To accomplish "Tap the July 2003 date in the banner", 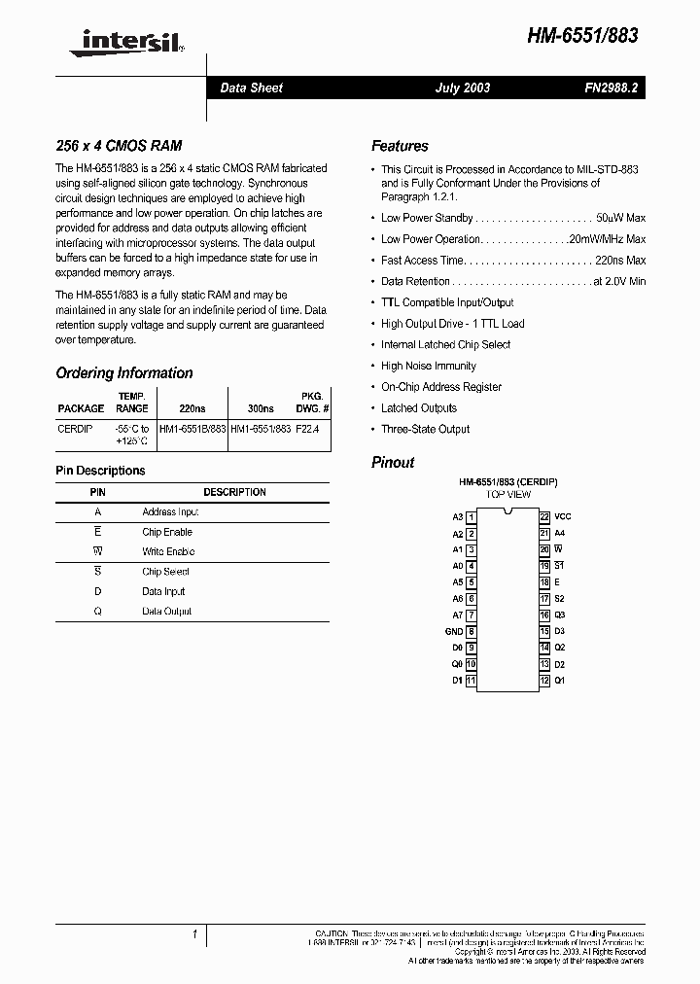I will pyautogui.click(x=462, y=88).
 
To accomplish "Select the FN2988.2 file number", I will pyautogui.click(x=611, y=88).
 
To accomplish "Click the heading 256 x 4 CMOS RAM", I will pyautogui.click(x=119, y=146).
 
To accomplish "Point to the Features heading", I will pyautogui.click(x=400, y=146).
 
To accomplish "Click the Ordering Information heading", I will pyautogui.click(x=124, y=373).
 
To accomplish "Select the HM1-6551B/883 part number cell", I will pyautogui.click(x=192, y=428).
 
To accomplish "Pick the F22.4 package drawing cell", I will pyautogui.click(x=306, y=428).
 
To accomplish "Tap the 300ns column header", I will pyautogui.click(x=262, y=408).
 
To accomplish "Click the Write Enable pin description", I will pyautogui.click(x=168, y=551).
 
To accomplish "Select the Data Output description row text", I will pyautogui.click(x=166, y=612).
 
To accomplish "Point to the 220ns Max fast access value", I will pyautogui.click(x=622, y=260).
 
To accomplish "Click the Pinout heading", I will pyautogui.click(x=393, y=463).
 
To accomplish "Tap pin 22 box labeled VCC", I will pyautogui.click(x=544, y=517).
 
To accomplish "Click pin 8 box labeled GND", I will pyautogui.click(x=471, y=631).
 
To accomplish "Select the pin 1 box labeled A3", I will pyautogui.click(x=471, y=517).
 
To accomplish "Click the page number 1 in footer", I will pyautogui.click(x=194, y=935).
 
